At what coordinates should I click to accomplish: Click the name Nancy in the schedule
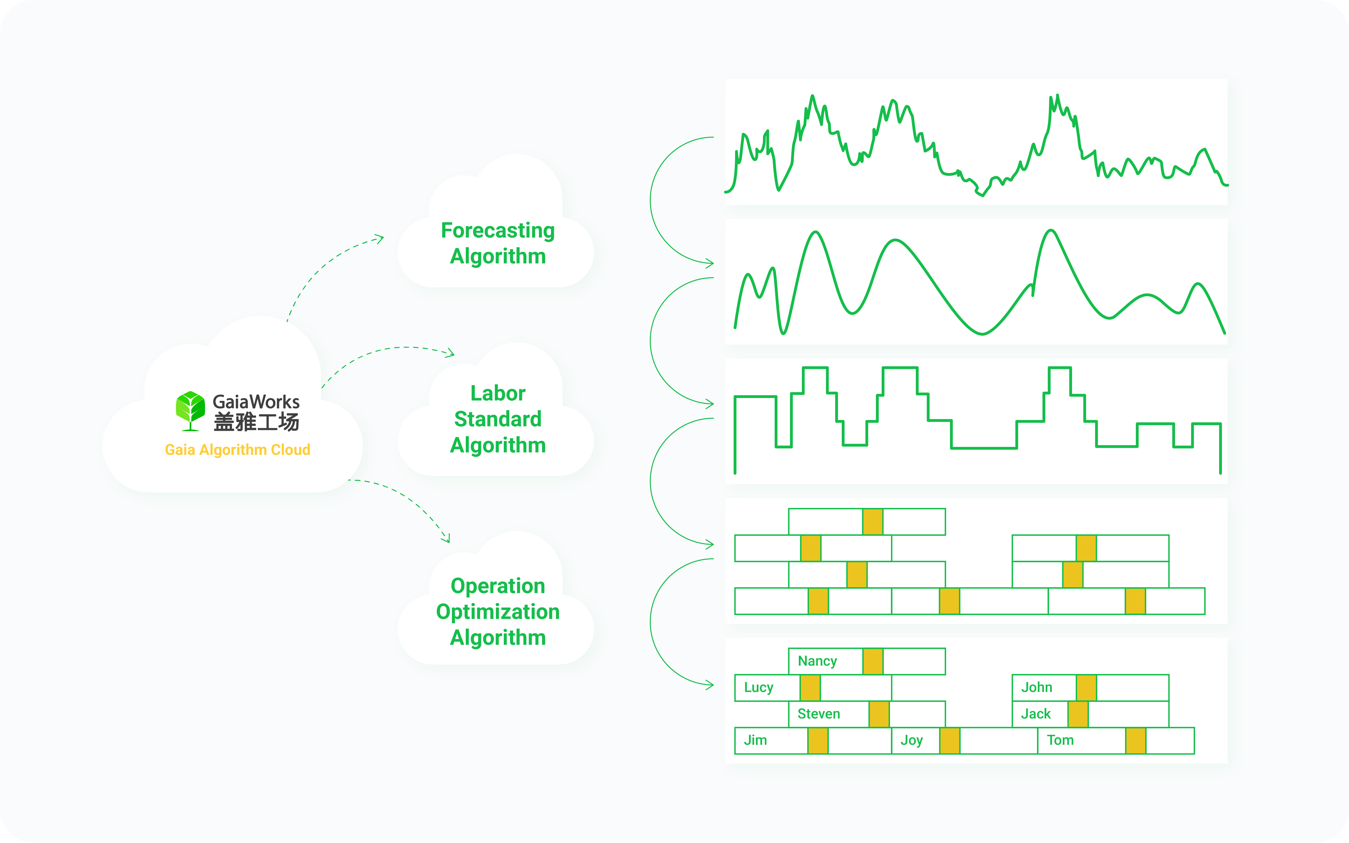click(817, 661)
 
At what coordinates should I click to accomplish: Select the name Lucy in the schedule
click(758, 687)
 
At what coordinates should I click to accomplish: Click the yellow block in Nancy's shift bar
click(873, 661)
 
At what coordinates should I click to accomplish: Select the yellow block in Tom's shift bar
click(1135, 741)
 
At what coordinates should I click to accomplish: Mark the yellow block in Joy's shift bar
click(949, 741)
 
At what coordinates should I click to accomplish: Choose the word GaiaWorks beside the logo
click(256, 401)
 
